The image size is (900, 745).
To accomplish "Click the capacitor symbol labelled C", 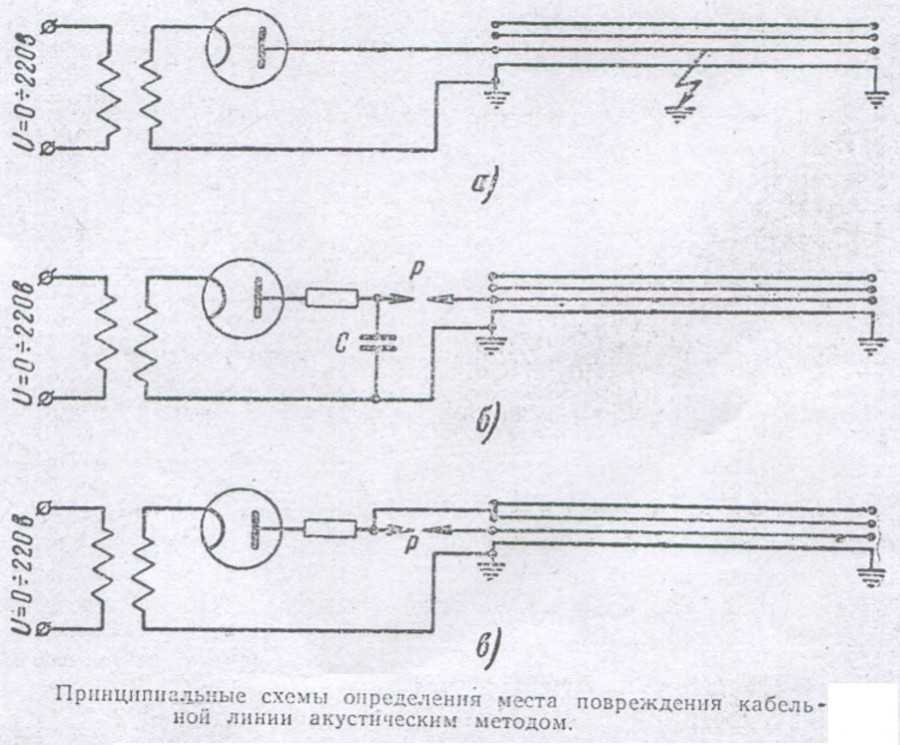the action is click(x=377, y=343).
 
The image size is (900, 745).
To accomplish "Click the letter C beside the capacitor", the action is click(x=341, y=343).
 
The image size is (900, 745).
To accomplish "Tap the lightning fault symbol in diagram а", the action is click(x=690, y=83).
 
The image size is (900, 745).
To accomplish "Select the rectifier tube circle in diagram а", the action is click(x=246, y=49).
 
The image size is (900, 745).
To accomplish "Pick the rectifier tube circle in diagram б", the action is click(x=242, y=299).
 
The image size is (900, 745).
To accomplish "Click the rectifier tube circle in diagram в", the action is click(x=242, y=527).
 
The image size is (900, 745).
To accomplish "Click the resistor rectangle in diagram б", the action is click(x=332, y=298).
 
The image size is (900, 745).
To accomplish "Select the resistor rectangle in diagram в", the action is click(x=329, y=529).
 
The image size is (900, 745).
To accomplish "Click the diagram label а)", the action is click(x=484, y=185).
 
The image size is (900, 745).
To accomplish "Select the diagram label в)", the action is click(x=487, y=647).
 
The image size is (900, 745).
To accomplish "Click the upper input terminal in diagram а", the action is click(x=50, y=26).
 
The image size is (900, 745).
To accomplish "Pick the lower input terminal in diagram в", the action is click(x=44, y=628).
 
